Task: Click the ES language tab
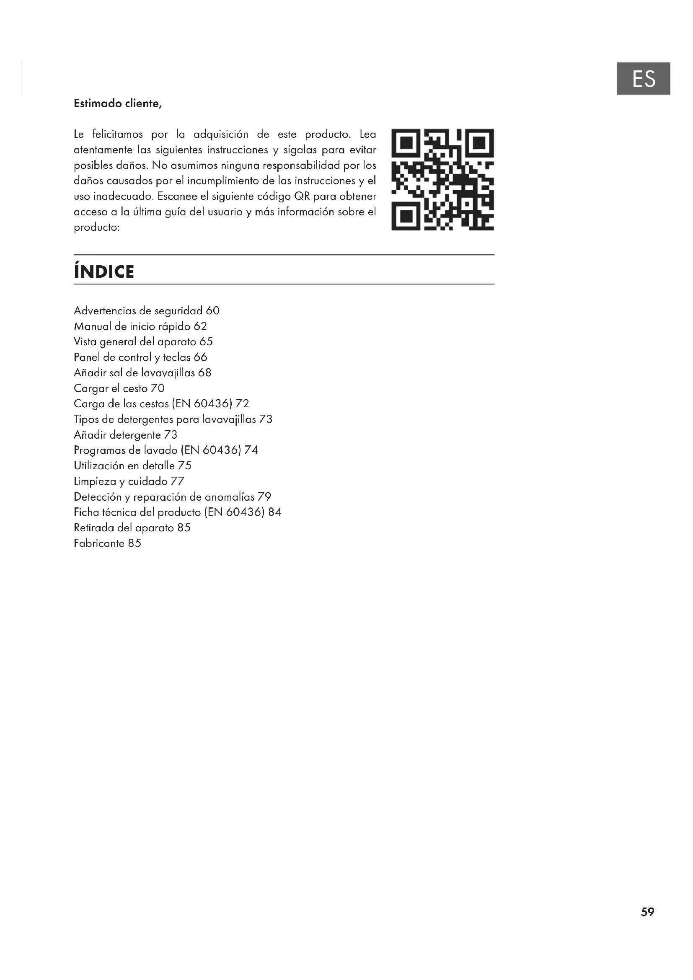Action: point(643,78)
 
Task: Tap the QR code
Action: point(442,179)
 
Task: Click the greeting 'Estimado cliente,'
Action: point(118,104)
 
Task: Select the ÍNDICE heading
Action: point(104,272)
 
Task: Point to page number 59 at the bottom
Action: point(647,912)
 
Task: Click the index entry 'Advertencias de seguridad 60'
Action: point(146,311)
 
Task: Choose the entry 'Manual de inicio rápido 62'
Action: point(140,326)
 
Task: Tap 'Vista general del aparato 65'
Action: point(143,342)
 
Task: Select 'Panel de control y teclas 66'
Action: point(140,357)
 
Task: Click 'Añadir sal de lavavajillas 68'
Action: point(142,372)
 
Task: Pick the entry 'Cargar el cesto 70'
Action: point(119,388)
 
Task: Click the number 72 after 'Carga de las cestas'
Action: point(242,404)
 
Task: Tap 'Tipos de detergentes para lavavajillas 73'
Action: point(173,419)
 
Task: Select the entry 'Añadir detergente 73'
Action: point(125,435)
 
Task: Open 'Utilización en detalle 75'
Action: point(133,465)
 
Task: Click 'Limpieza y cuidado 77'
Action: point(129,481)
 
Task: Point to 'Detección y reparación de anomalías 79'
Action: point(172,497)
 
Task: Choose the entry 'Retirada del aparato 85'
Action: point(132,528)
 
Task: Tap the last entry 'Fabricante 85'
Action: point(107,543)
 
